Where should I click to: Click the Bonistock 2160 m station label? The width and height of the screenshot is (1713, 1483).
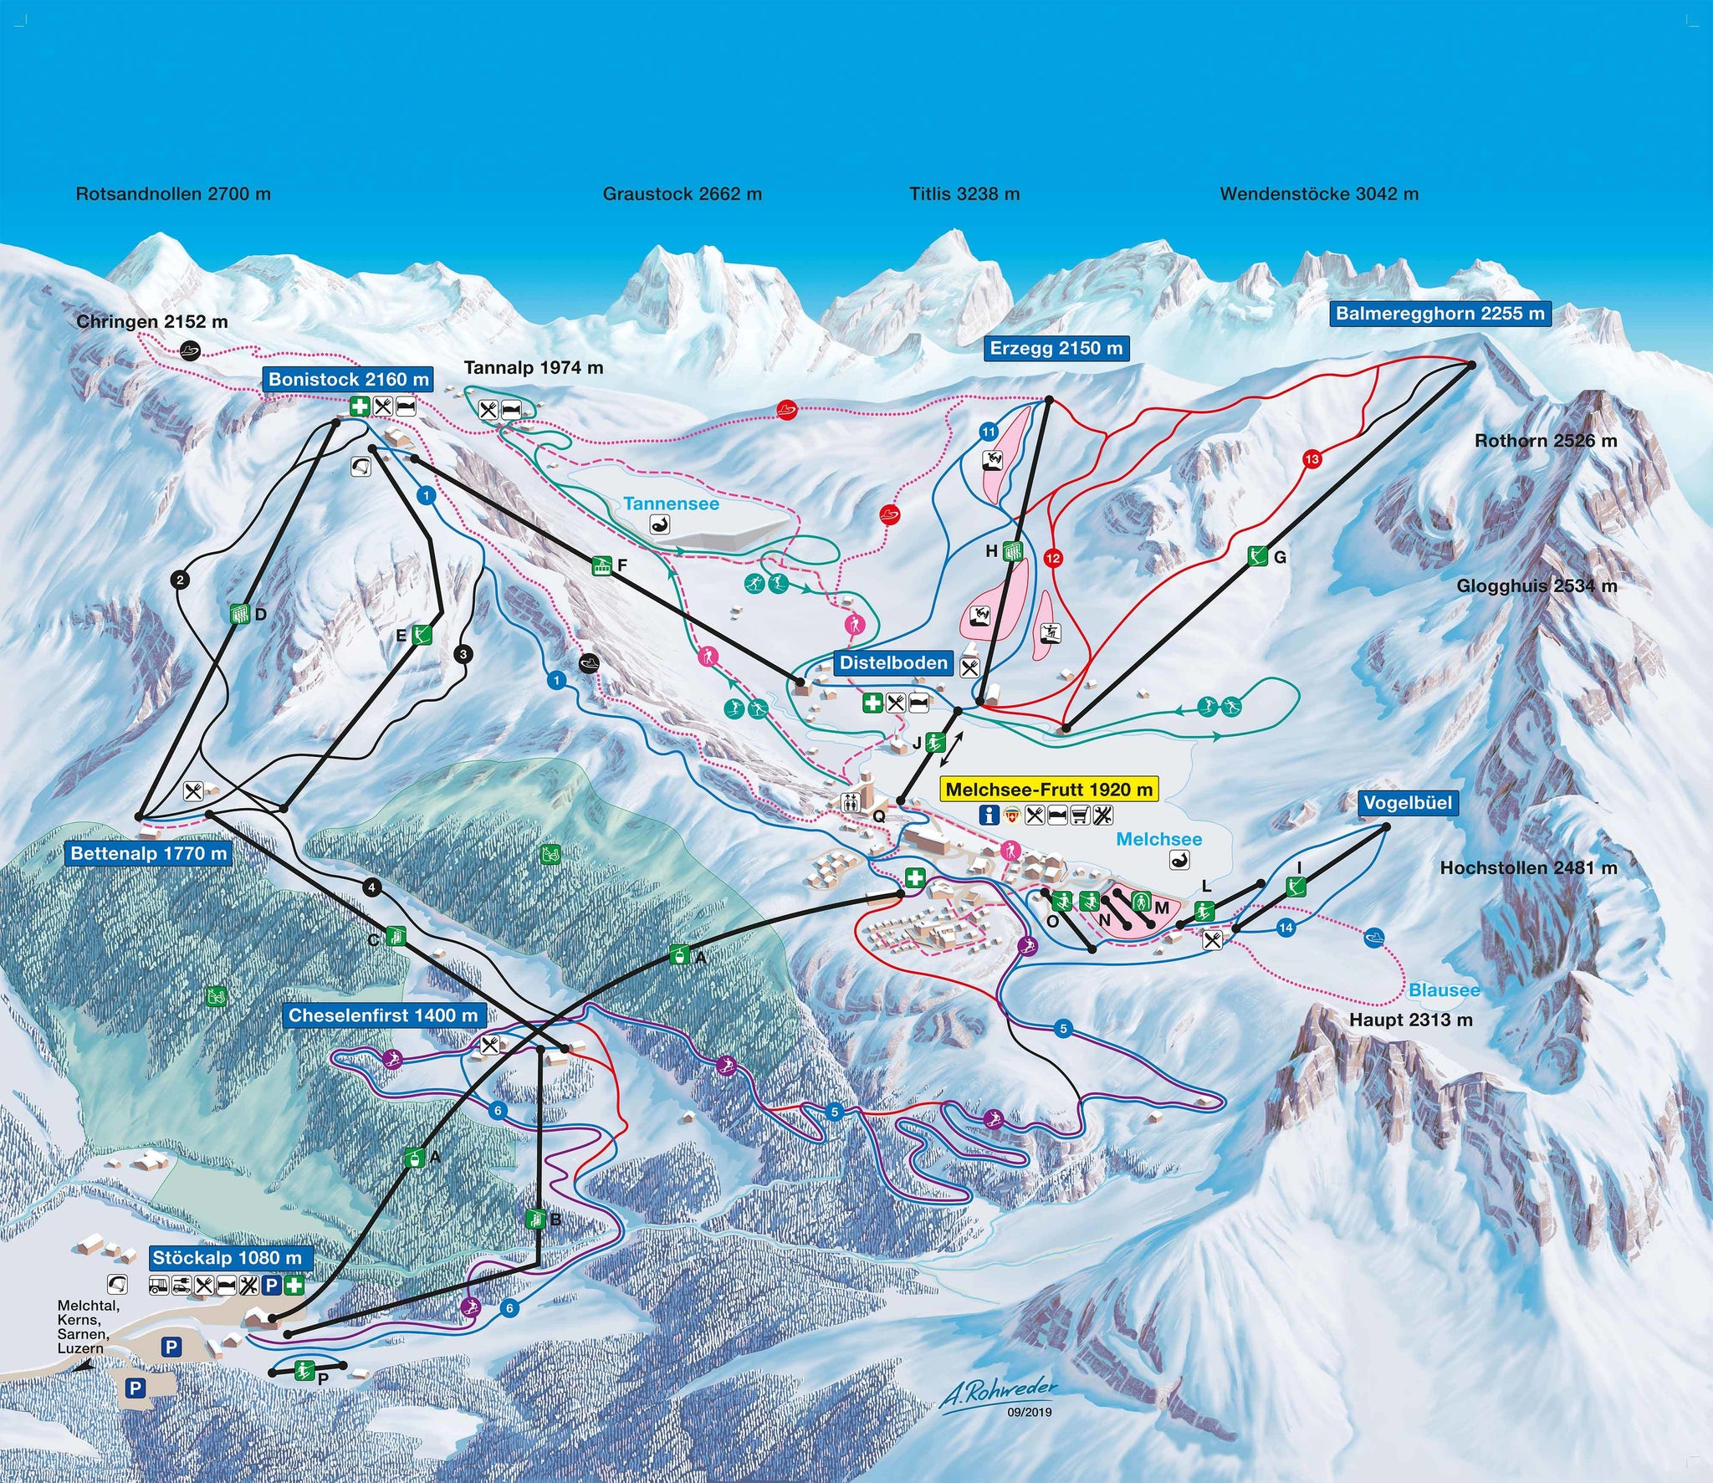tap(349, 380)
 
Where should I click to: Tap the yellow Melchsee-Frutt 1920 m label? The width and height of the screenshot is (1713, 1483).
tap(1049, 789)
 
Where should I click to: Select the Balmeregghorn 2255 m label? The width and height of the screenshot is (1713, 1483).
tap(1439, 314)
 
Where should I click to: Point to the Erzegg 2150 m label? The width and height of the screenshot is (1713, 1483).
tap(1056, 348)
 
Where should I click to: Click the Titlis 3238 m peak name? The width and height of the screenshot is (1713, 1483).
tap(964, 194)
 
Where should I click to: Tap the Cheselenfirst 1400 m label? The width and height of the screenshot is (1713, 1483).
tap(383, 1015)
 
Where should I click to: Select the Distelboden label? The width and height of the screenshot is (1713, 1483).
tap(894, 663)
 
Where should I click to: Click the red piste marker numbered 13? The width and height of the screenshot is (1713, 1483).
tap(1311, 458)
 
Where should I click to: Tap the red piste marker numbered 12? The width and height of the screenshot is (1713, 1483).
tap(1052, 558)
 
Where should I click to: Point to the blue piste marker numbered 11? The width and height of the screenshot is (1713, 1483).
tap(989, 432)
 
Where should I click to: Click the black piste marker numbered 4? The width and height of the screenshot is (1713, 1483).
tap(372, 887)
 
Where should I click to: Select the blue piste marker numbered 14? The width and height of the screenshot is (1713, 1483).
tap(1286, 928)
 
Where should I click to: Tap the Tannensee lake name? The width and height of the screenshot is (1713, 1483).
tap(671, 504)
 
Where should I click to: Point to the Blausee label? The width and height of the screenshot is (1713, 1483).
tap(1445, 990)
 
